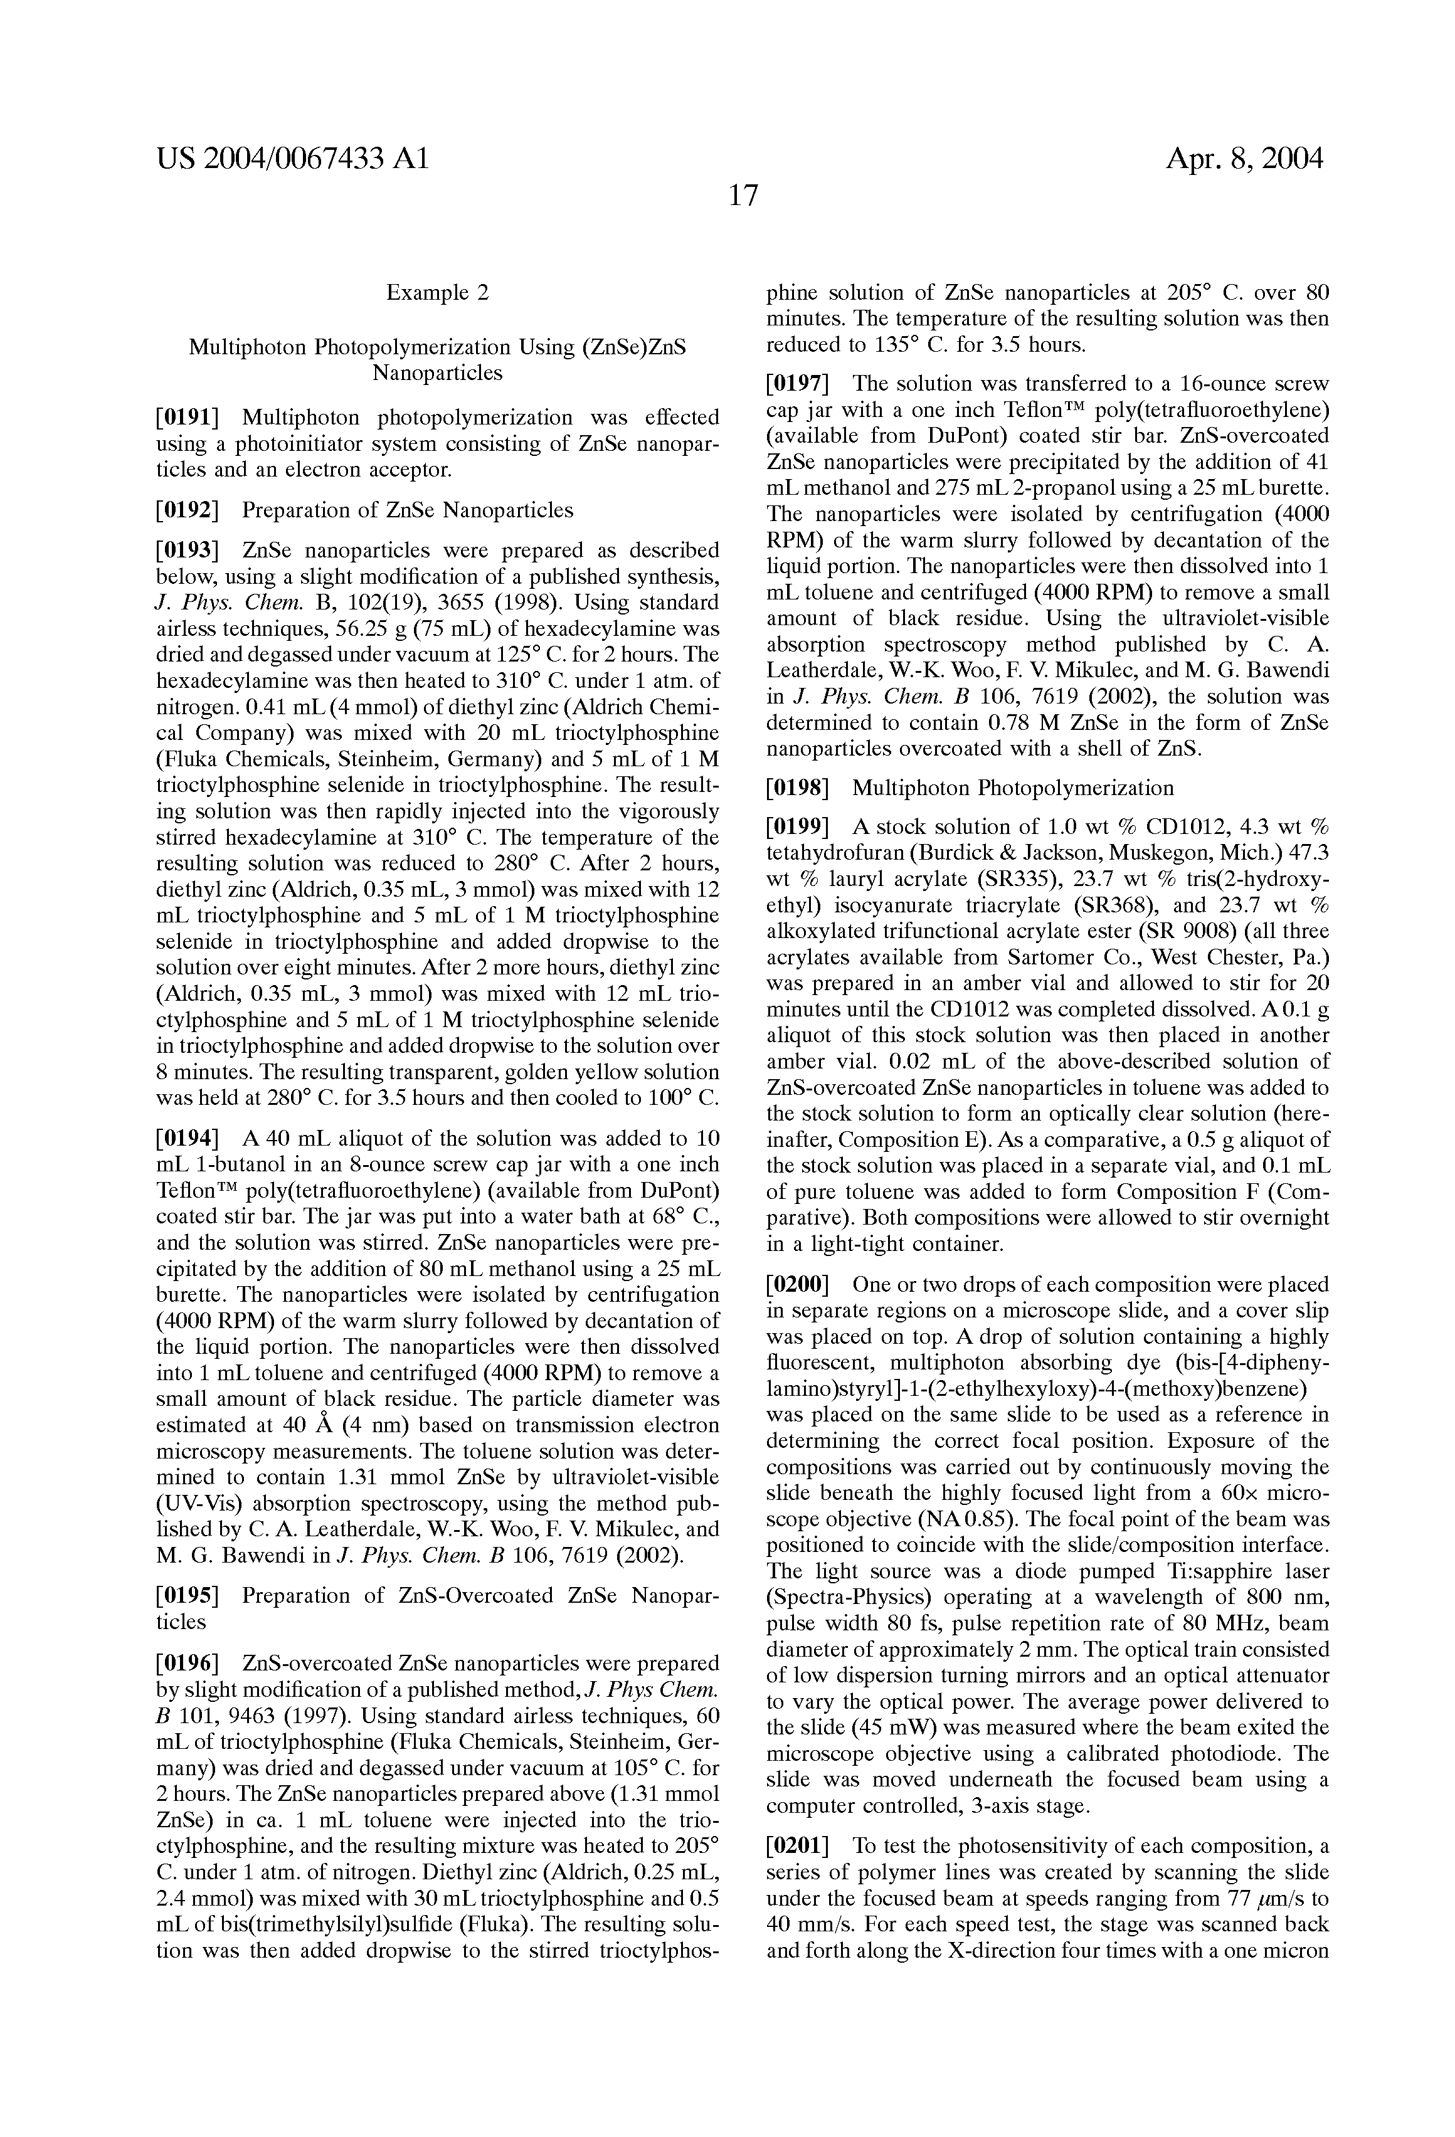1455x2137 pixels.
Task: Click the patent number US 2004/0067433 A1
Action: pos(292,159)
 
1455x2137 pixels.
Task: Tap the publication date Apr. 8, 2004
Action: pos(1244,159)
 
